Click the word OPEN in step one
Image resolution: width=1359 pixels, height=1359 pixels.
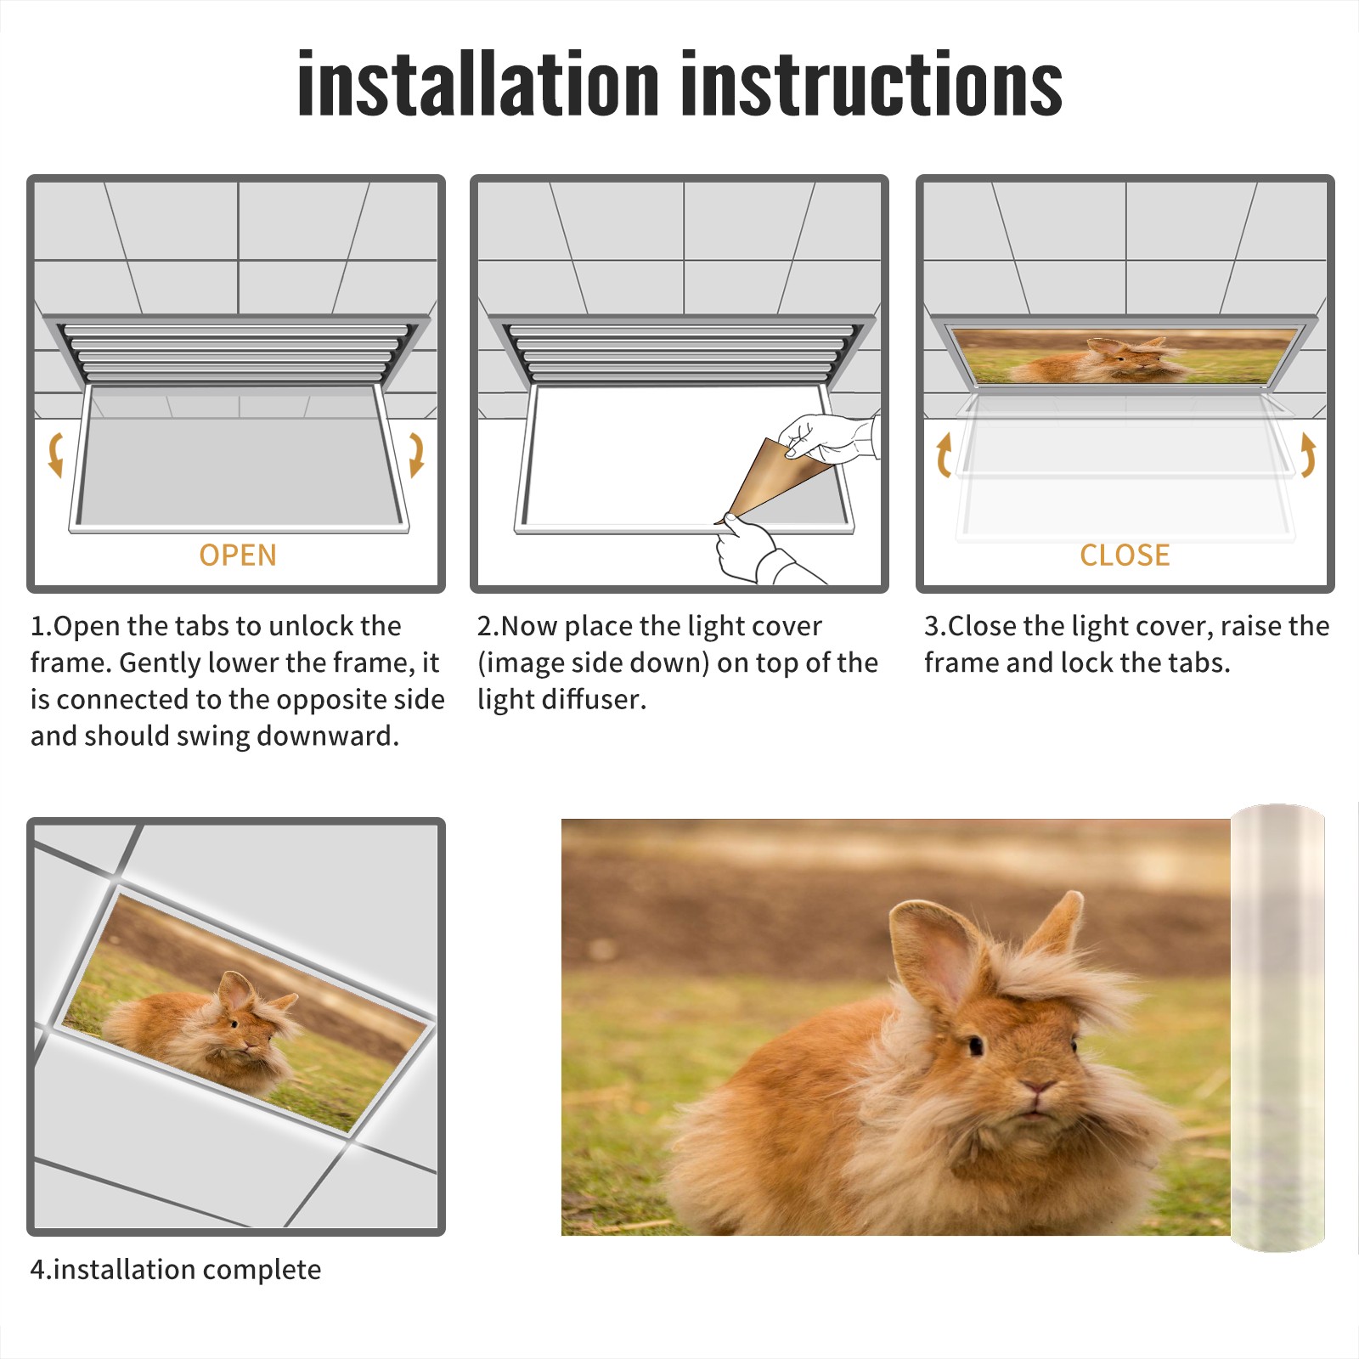pos(238,555)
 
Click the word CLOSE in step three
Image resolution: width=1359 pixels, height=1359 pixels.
pos(1125,555)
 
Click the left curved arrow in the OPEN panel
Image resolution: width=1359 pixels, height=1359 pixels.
pos(55,454)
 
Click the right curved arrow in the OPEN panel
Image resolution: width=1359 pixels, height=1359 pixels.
pos(416,454)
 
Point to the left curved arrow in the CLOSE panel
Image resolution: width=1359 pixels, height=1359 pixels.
pos(944,454)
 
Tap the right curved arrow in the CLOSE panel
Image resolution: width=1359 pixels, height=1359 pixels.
pos(1308,454)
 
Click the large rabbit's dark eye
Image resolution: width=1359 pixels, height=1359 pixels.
pos(975,1045)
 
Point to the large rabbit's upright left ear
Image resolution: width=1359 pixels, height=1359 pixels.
pos(934,951)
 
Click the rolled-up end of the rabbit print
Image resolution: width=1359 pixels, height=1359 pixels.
pos(1277,1028)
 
